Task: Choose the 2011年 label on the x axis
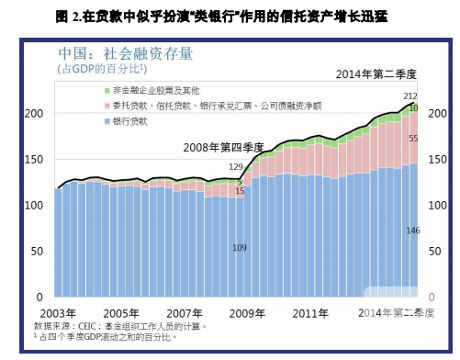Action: [x=311, y=312]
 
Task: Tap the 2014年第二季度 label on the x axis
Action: [x=397, y=312]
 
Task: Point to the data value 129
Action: [x=235, y=167]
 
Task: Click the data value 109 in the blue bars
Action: [x=240, y=248]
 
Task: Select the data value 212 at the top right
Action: [x=410, y=96]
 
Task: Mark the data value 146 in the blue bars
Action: [x=411, y=230]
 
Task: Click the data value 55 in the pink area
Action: [x=412, y=138]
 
